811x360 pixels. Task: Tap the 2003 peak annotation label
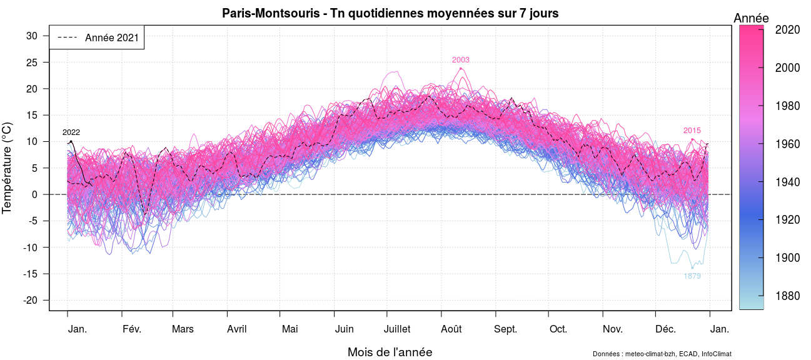pyautogui.click(x=460, y=60)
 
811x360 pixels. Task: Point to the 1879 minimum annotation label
pyautogui.click(x=692, y=276)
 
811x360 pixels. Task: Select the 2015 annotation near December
pyautogui.click(x=692, y=131)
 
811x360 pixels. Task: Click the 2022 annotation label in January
pyautogui.click(x=71, y=132)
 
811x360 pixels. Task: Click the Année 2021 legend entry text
pyautogui.click(x=112, y=37)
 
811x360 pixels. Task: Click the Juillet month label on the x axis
pyautogui.click(x=397, y=329)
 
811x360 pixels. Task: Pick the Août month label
pyautogui.click(x=451, y=329)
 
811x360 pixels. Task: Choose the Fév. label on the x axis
pyautogui.click(x=132, y=329)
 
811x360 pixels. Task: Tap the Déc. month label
pyautogui.click(x=665, y=329)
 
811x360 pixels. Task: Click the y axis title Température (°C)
pyautogui.click(x=8, y=167)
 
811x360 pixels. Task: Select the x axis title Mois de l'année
pyautogui.click(x=390, y=352)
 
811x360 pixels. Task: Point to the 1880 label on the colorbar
pyautogui.click(x=788, y=296)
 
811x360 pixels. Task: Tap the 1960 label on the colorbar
pyautogui.click(x=788, y=144)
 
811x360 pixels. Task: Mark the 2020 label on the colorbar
pyautogui.click(x=788, y=29)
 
